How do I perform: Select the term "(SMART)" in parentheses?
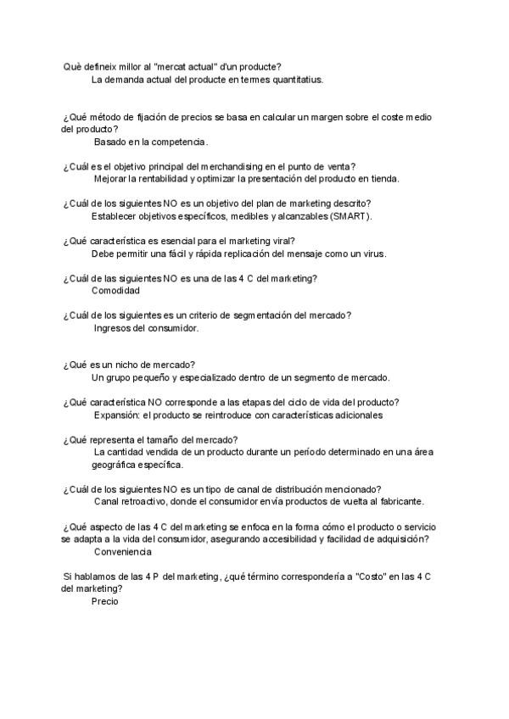[350, 216]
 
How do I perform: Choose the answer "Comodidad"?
[115, 291]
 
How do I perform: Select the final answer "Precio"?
[105, 601]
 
